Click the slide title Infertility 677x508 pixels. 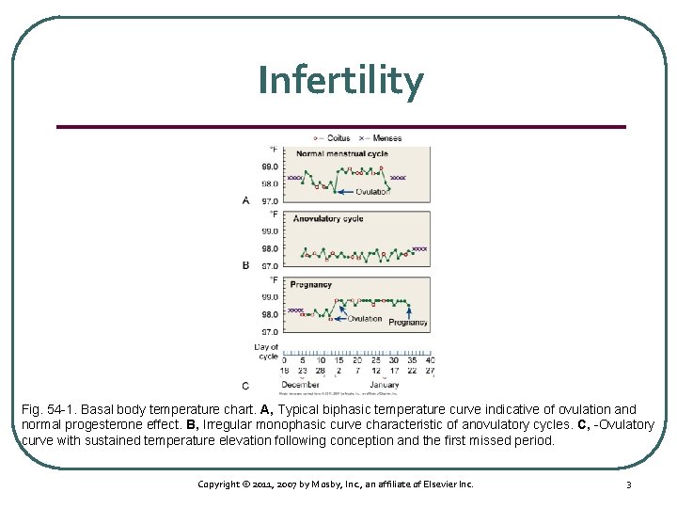(x=340, y=81)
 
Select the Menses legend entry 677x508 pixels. (x=385, y=138)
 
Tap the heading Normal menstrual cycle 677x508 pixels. (x=341, y=154)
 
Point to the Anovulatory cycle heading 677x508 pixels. (x=328, y=218)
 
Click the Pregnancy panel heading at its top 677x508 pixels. (x=311, y=284)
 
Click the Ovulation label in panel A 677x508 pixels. (x=372, y=192)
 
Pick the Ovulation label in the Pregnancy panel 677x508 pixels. (x=365, y=319)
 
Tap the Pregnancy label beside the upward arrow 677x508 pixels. (x=408, y=322)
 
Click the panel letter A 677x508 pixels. (x=246, y=200)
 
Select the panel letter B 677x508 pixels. (x=246, y=265)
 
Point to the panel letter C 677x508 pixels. (x=245, y=386)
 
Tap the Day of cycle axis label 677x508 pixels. (x=267, y=351)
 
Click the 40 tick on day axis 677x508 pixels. (x=430, y=360)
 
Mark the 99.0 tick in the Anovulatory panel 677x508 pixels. (x=270, y=231)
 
